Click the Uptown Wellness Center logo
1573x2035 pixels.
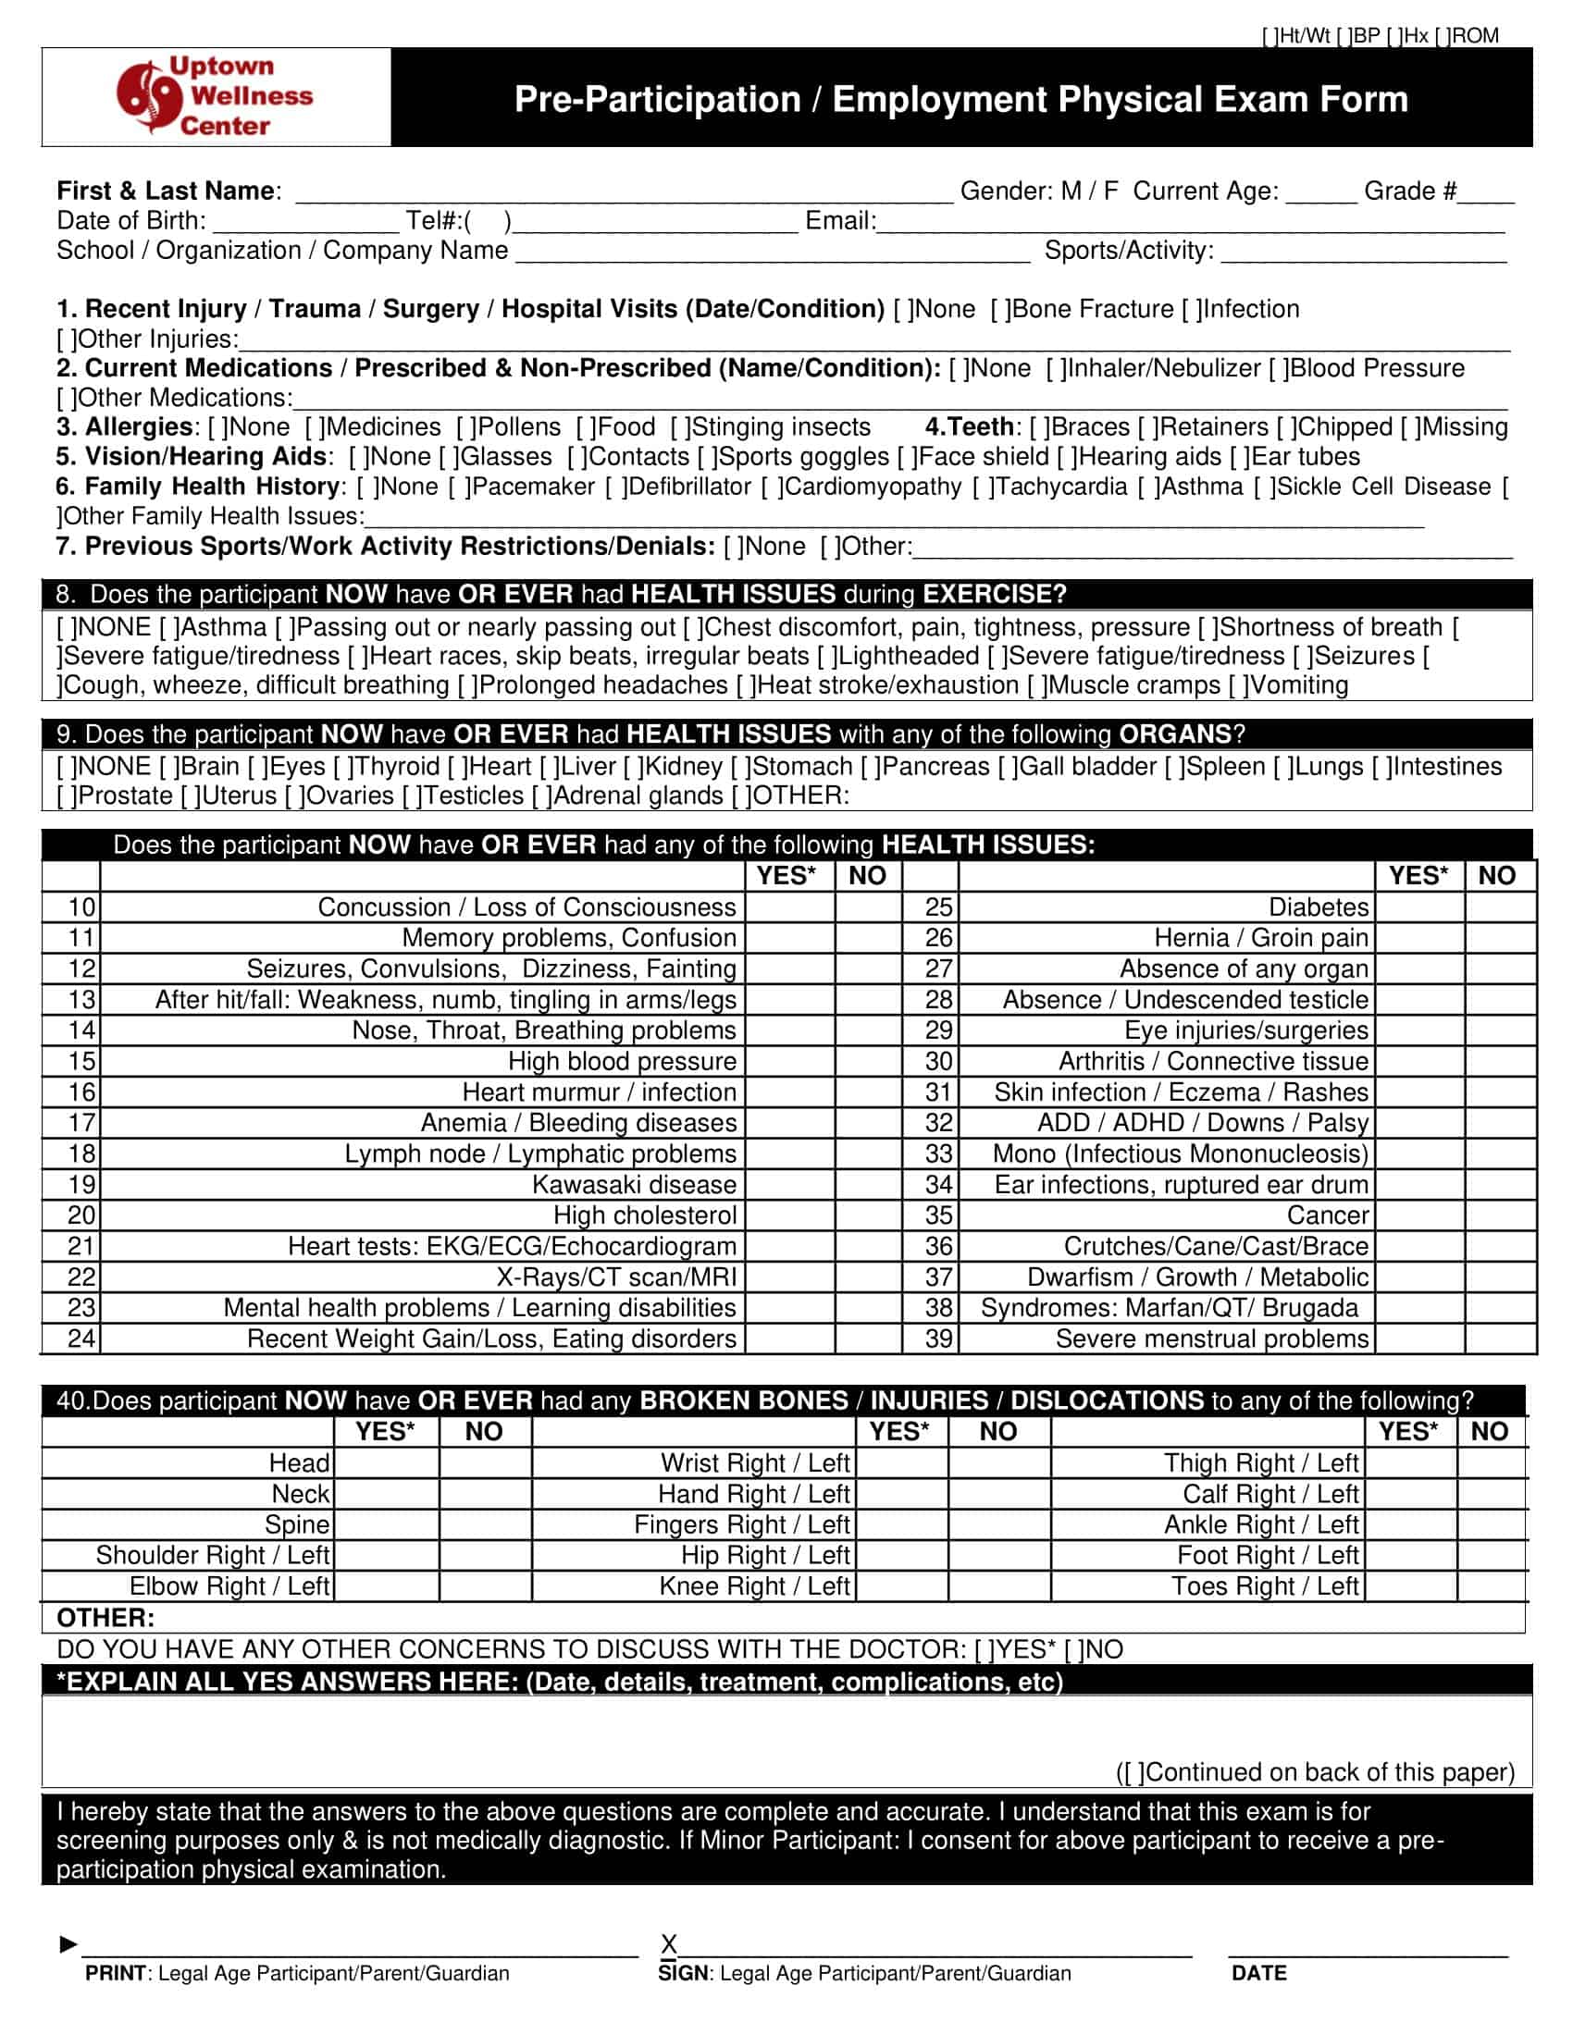pos(216,97)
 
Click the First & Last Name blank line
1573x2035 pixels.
pos(624,194)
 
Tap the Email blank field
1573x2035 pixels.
pos(1190,224)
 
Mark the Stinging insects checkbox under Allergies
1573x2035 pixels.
pos(680,427)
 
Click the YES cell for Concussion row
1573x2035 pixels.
pos(789,906)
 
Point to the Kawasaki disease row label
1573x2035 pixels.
pos(634,1184)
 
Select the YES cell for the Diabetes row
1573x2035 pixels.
pos(1419,906)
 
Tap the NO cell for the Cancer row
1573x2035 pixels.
pos(1499,1215)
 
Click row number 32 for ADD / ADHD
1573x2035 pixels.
pos(938,1123)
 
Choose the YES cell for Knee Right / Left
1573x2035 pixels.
pos(901,1585)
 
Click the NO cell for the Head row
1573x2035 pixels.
pos(485,1463)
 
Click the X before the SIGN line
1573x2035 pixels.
pos(668,1943)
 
